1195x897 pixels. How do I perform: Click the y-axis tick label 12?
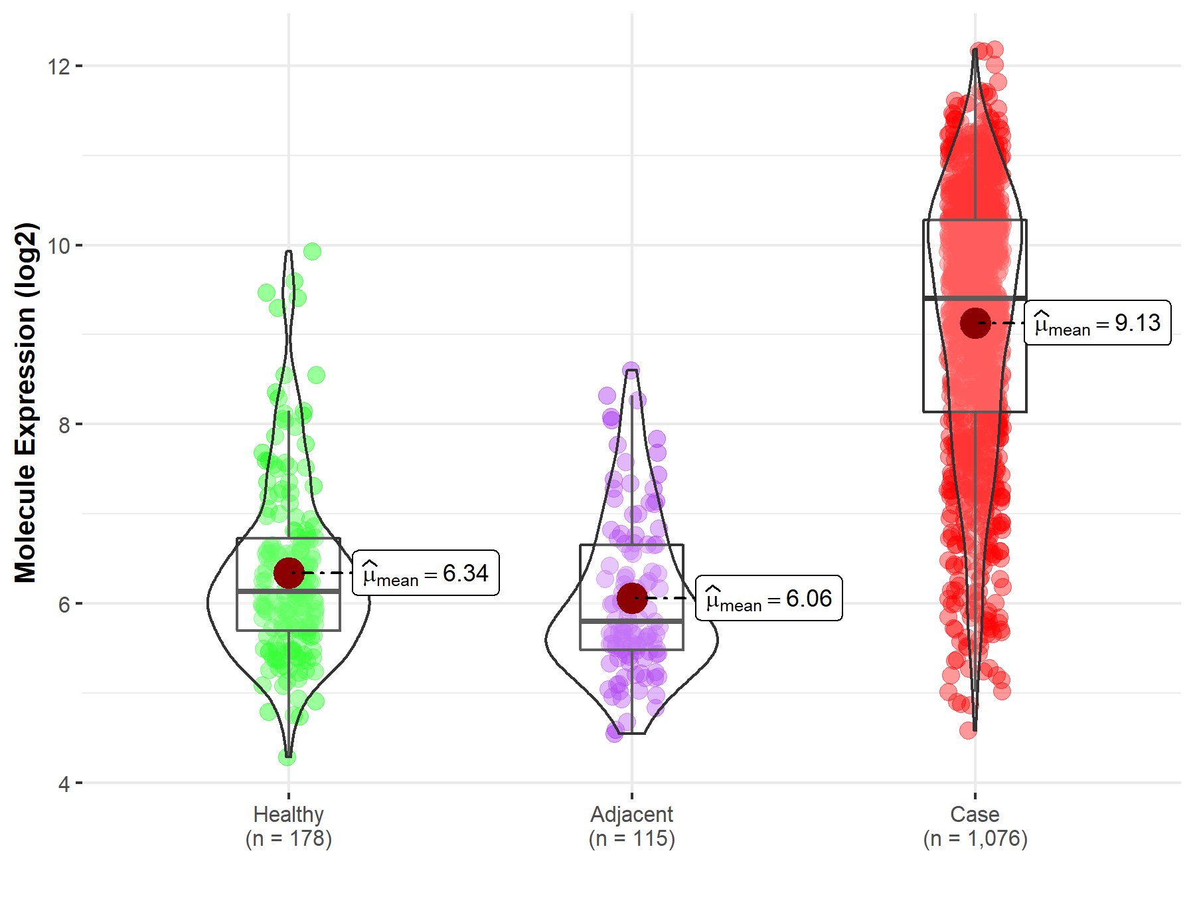[x=58, y=66]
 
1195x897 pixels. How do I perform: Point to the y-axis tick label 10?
[x=58, y=246]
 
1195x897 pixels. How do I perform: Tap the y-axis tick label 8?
[x=64, y=425]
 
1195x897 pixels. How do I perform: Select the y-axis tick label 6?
[x=64, y=604]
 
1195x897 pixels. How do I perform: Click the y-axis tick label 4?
[x=64, y=784]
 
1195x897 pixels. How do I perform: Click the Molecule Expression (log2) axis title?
[x=25, y=402]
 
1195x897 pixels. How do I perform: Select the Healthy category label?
[x=288, y=814]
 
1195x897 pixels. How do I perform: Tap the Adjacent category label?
[x=631, y=814]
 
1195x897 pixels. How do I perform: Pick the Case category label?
[x=975, y=814]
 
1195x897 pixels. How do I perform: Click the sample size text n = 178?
[x=288, y=839]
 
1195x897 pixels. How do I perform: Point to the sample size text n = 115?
[x=631, y=839]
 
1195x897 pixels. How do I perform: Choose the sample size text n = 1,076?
[x=975, y=839]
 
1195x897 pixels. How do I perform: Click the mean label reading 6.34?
[x=426, y=573]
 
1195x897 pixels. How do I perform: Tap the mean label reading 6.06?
[x=769, y=598]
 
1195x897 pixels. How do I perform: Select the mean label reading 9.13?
[x=1097, y=323]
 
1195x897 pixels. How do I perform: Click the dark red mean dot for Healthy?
[x=289, y=573]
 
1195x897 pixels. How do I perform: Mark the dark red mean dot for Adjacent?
[x=632, y=598]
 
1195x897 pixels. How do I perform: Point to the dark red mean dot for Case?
[x=975, y=323]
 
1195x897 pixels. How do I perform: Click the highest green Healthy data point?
[x=312, y=251]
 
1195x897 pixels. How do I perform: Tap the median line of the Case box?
[x=975, y=298]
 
